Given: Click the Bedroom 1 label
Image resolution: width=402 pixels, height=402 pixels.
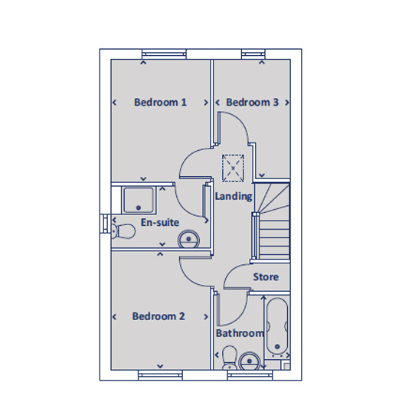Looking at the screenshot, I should [x=160, y=103].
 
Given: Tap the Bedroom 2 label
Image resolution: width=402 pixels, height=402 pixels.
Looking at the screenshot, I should [x=159, y=316].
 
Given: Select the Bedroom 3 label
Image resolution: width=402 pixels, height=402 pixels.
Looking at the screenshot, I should [x=252, y=103].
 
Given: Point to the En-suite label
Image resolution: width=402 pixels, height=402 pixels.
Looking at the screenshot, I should [x=160, y=223].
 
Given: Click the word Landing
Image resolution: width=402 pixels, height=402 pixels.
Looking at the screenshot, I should [x=234, y=196].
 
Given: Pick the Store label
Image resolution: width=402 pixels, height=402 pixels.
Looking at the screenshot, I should [x=266, y=276].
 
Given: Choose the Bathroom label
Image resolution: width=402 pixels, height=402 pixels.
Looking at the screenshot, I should [x=240, y=334].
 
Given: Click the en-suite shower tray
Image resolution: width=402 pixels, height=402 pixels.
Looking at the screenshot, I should [x=139, y=201].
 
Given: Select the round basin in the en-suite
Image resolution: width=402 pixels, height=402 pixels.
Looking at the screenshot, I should [x=188, y=240].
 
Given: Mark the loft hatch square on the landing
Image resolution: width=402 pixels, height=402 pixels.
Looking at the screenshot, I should [x=233, y=168].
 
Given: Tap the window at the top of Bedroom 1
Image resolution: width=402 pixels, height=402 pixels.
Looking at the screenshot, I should [x=164, y=53].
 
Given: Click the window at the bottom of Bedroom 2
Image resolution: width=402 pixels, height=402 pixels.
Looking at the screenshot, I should [x=160, y=374].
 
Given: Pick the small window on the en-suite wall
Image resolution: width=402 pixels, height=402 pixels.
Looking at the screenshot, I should [x=105, y=224].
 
